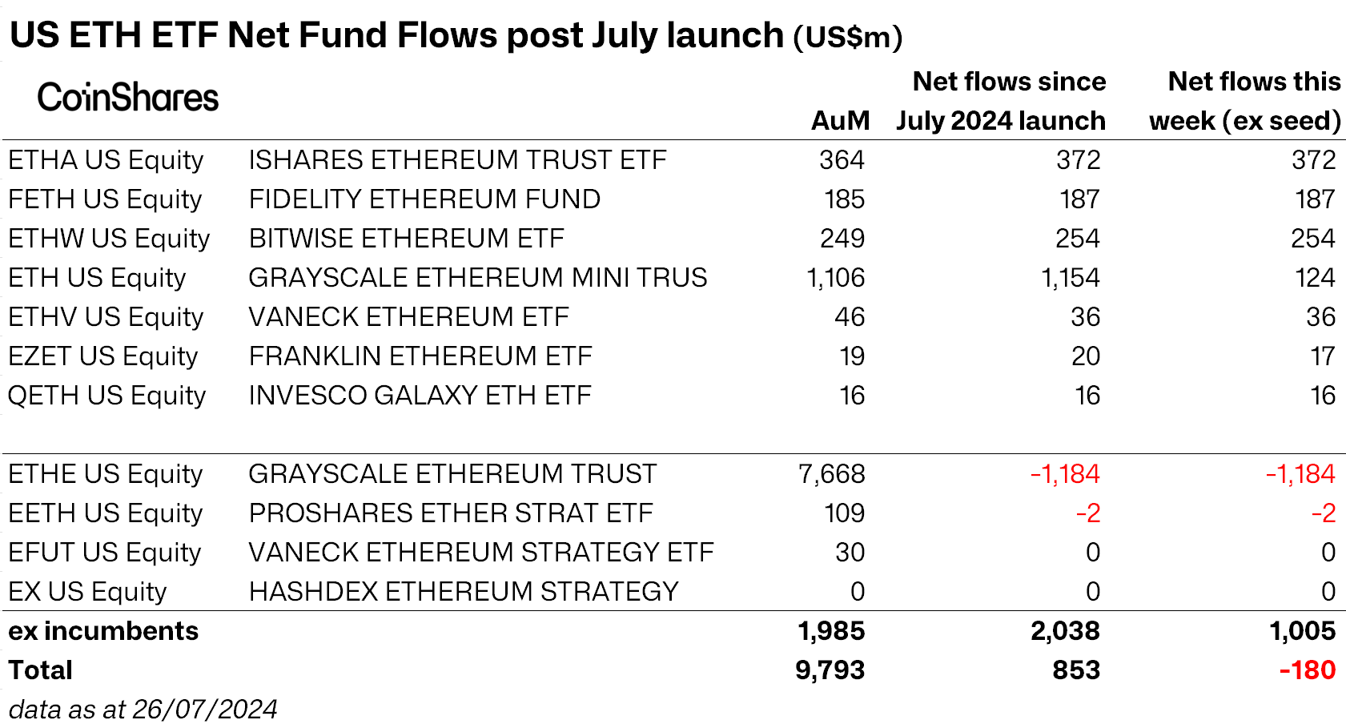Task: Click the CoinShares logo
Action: click(x=127, y=98)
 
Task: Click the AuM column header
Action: click(x=839, y=121)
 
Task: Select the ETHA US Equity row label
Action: click(x=106, y=160)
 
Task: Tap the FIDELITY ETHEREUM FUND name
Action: click(x=424, y=199)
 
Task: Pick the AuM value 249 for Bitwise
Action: click(x=842, y=239)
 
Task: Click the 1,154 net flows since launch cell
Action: click(x=1070, y=278)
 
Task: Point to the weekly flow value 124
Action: click(x=1314, y=278)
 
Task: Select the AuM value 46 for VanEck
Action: click(x=849, y=317)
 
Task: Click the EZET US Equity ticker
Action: click(x=102, y=356)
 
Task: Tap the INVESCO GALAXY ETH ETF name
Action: click(x=420, y=396)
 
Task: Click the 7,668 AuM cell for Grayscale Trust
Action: click(x=831, y=474)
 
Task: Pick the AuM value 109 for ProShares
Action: click(x=844, y=513)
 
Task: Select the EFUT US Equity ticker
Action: click(x=104, y=553)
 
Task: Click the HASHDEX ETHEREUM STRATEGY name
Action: click(x=464, y=592)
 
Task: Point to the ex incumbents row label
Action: click(x=103, y=631)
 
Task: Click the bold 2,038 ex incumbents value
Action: click(x=1064, y=631)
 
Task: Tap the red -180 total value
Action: click(x=1307, y=670)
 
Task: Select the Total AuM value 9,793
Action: click(x=830, y=670)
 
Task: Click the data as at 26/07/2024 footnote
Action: click(x=143, y=710)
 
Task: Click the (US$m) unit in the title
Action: click(x=847, y=37)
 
